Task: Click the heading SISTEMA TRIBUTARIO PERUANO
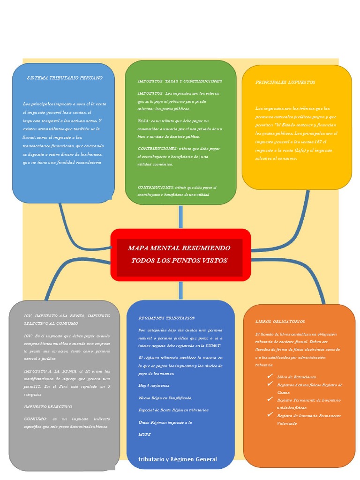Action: pyautogui.click(x=65, y=78)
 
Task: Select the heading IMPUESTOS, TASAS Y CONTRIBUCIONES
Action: pyautogui.click(x=180, y=81)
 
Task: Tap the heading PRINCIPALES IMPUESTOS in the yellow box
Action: pyautogui.click(x=285, y=82)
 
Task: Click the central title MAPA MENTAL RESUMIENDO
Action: pyautogui.click(x=179, y=247)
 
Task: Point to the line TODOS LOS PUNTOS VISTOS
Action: pyautogui.click(x=179, y=260)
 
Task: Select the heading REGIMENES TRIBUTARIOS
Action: pyautogui.click(x=166, y=318)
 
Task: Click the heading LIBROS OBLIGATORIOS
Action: pyautogui.click(x=280, y=322)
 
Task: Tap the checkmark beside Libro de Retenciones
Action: pyautogui.click(x=270, y=376)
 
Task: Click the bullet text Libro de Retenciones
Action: pyautogui.click(x=296, y=377)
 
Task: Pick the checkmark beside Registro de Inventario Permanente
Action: pyautogui.click(x=270, y=414)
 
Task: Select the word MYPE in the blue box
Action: pyautogui.click(x=144, y=435)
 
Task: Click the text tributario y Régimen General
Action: pyautogui.click(x=178, y=459)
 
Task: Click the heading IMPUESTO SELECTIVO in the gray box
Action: pyautogui.click(x=48, y=406)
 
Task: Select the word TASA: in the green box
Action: pyautogui.click(x=143, y=120)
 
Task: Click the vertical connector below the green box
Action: pyautogui.click(x=180, y=217)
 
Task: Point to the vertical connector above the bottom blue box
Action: pyautogui.click(x=180, y=291)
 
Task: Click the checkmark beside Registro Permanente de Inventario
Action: pyautogui.click(x=270, y=399)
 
